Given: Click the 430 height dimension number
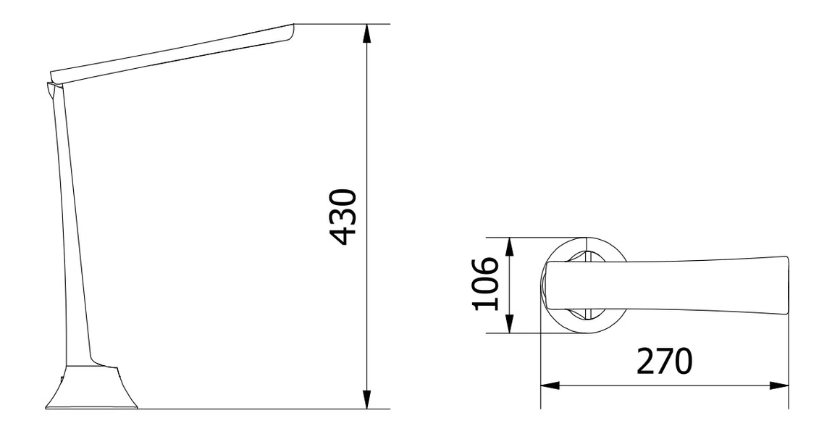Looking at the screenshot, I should click(x=342, y=217).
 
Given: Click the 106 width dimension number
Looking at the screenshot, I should click(x=486, y=283).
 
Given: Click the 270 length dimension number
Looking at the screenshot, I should click(x=665, y=362).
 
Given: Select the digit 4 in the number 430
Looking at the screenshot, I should click(x=342, y=233).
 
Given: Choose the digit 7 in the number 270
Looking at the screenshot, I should click(x=665, y=362).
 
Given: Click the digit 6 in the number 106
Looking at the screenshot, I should click(x=486, y=267).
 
